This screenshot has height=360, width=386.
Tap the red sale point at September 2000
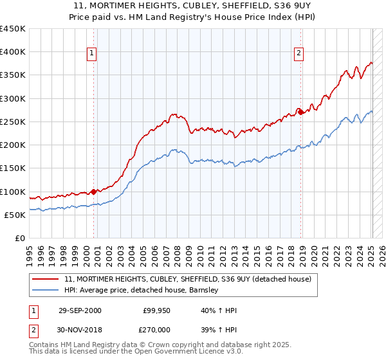click(x=94, y=192)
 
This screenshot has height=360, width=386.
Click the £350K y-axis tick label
click(x=12, y=75)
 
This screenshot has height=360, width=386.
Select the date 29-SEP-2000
click(x=79, y=310)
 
